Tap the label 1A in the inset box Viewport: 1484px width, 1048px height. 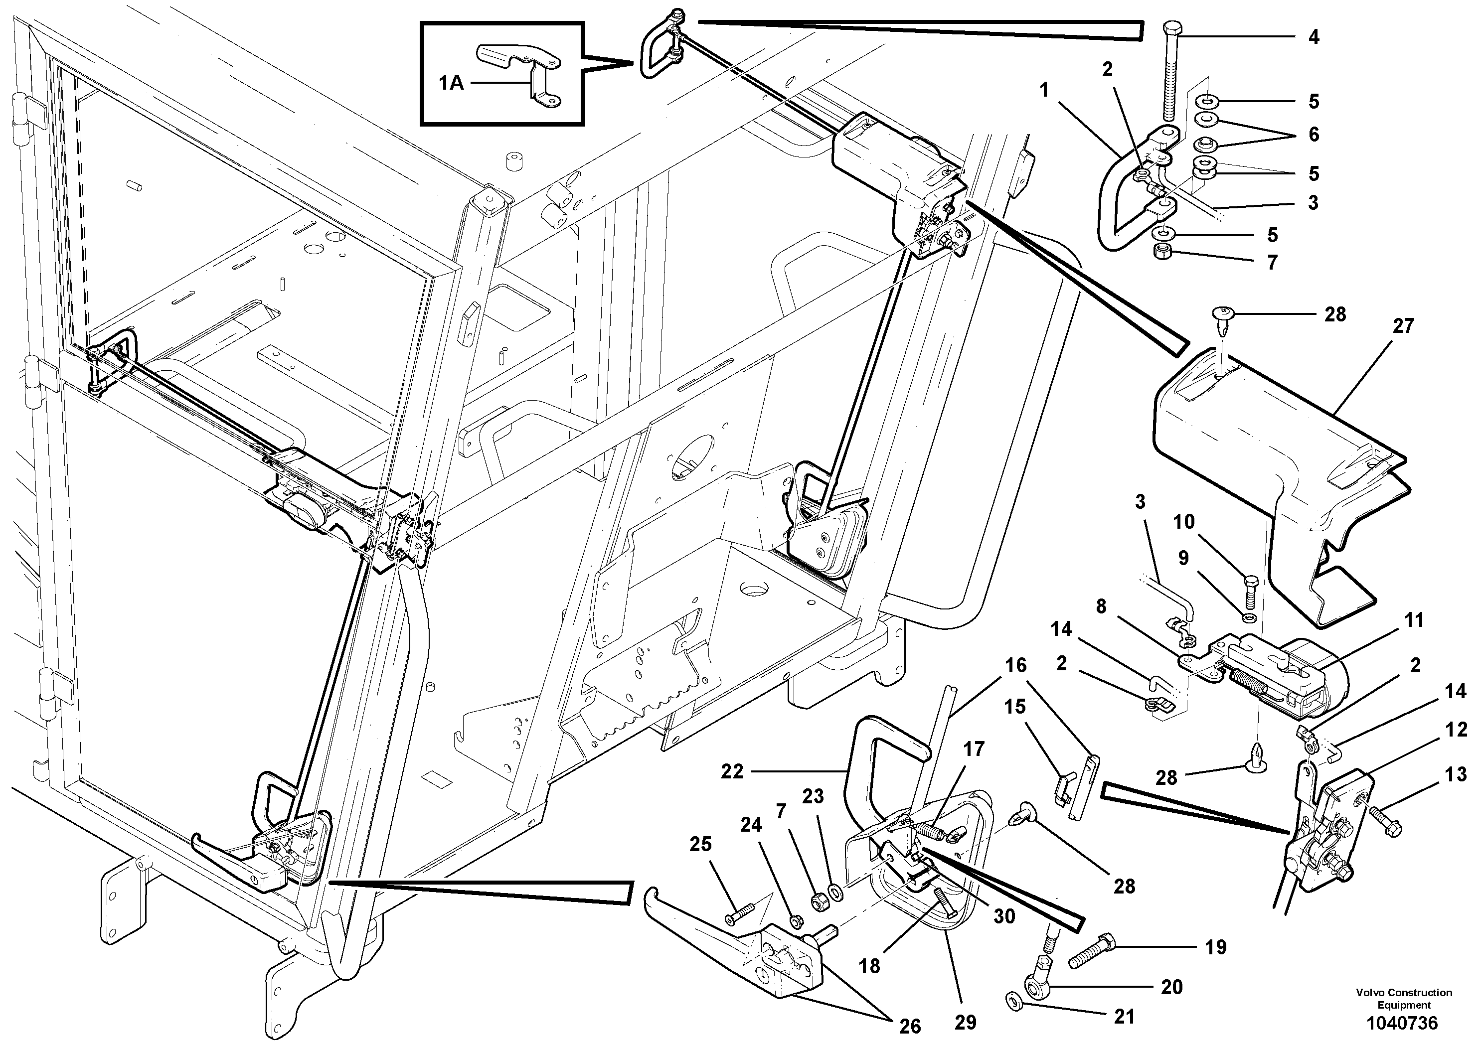click(451, 83)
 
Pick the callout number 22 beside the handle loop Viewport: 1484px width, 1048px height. click(732, 771)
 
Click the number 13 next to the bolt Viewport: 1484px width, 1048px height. click(1456, 774)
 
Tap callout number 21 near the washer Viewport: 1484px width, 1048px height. click(1125, 1016)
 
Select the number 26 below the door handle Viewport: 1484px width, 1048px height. click(910, 1026)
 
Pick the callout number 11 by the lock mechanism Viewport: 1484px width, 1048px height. click(1414, 620)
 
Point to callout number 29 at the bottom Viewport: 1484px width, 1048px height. click(965, 1022)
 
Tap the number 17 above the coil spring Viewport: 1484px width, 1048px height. click(974, 749)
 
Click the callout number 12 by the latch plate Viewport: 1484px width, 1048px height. click(1456, 730)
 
